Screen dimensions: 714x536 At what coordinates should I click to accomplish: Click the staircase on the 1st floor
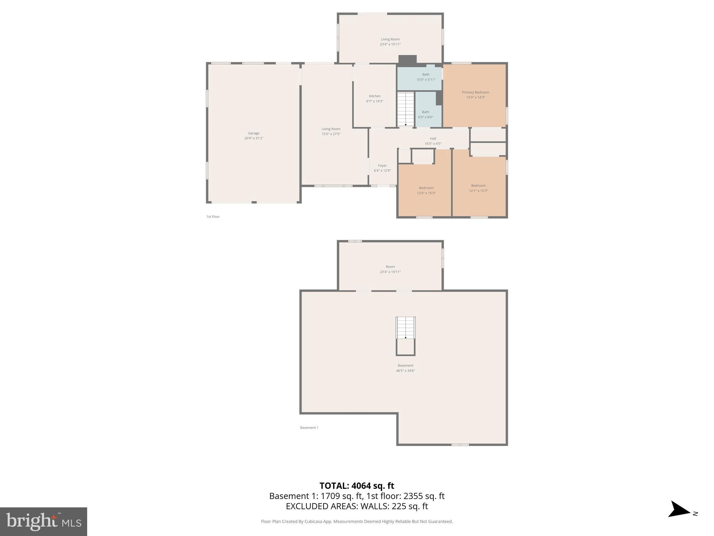pyautogui.click(x=405, y=109)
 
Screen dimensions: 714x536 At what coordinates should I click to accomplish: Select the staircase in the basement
pyautogui.click(x=405, y=328)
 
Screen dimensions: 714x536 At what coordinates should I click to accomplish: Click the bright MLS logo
pyautogui.click(x=44, y=522)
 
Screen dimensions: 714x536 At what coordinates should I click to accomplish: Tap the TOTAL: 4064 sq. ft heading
pyautogui.click(x=357, y=486)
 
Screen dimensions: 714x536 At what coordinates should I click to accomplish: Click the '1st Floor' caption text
pyautogui.click(x=213, y=217)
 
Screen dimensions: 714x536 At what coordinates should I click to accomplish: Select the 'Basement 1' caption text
pyautogui.click(x=309, y=427)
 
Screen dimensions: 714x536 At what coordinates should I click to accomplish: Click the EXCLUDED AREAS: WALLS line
pyautogui.click(x=357, y=506)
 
